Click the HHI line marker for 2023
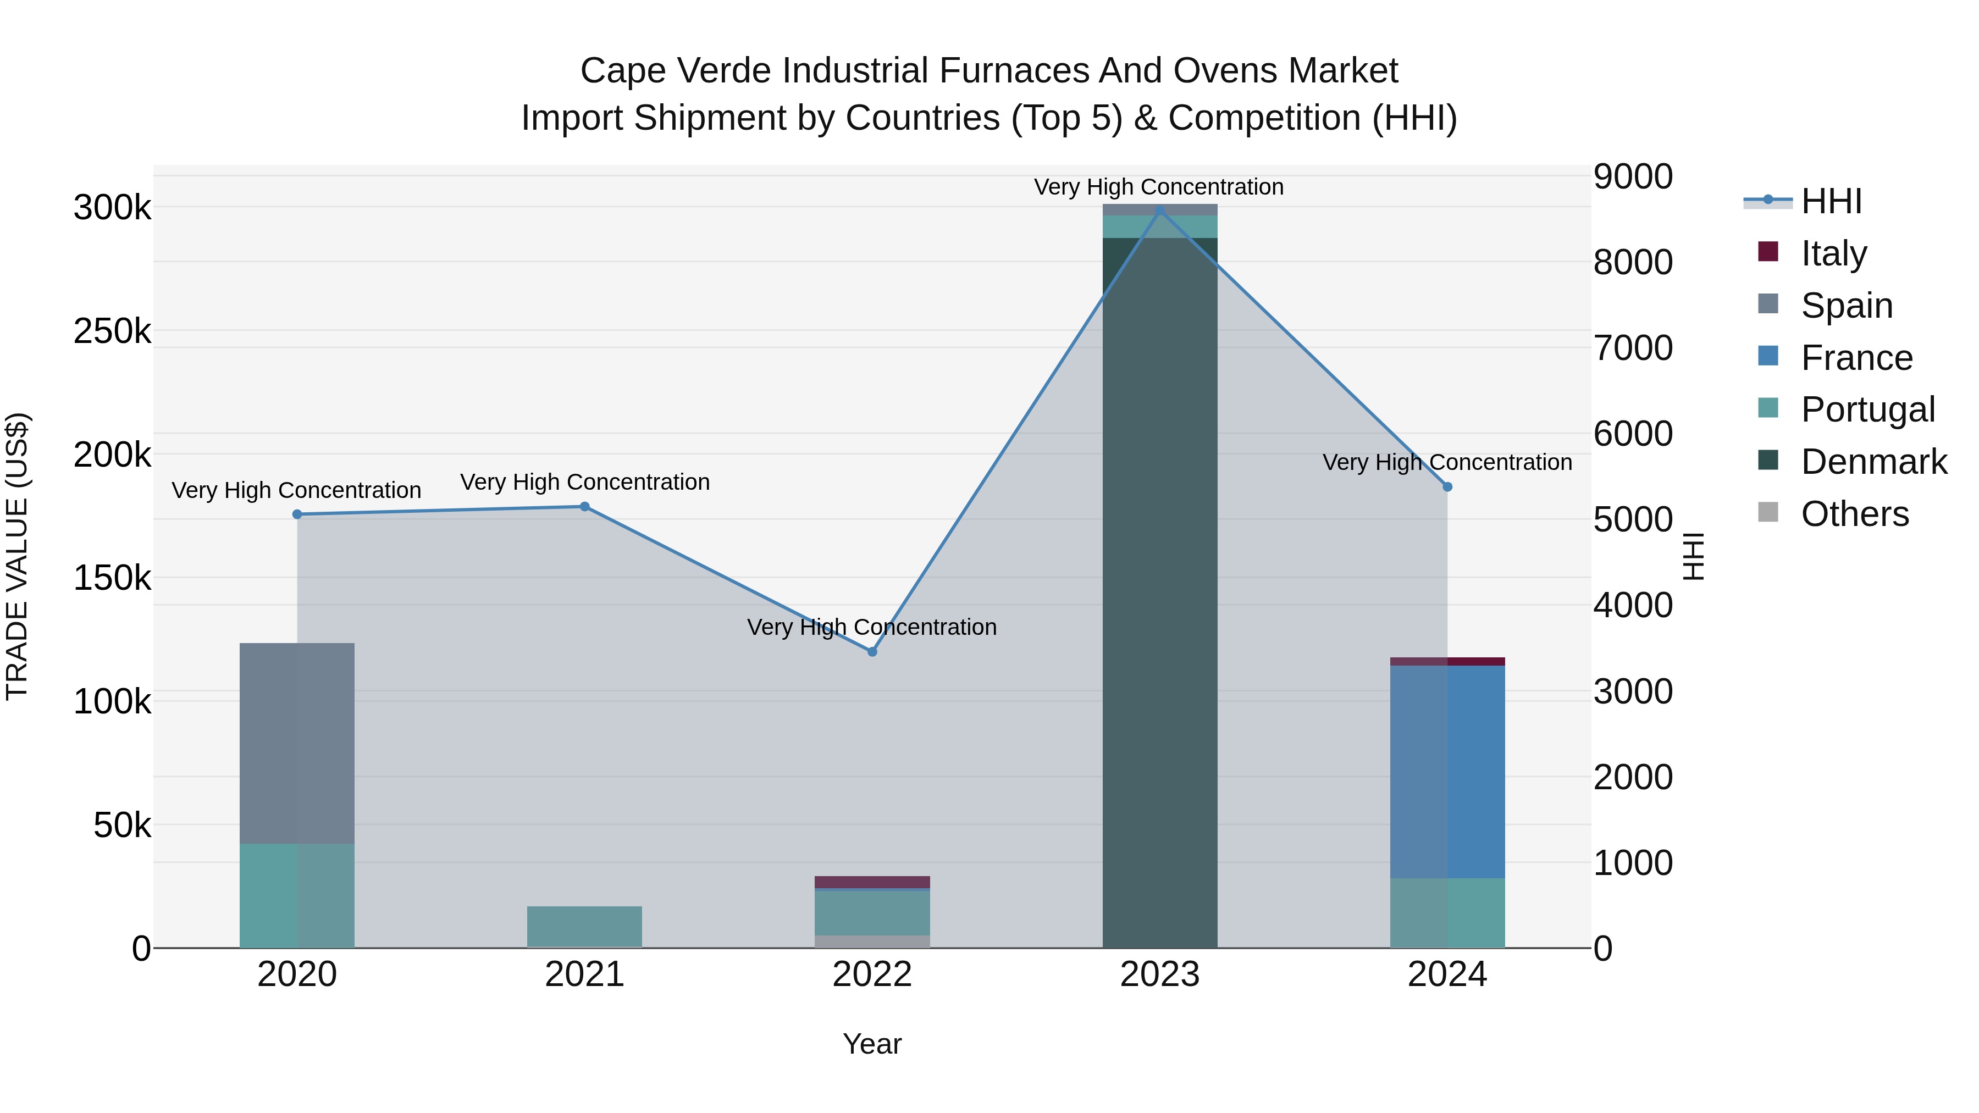pyautogui.click(x=1159, y=211)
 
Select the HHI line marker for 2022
pyautogui.click(x=872, y=651)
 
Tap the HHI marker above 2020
pyautogui.click(x=297, y=514)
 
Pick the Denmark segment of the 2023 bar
pyautogui.click(x=1159, y=591)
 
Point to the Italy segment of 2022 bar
pyautogui.click(x=872, y=882)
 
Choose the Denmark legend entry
pyautogui.click(x=1873, y=462)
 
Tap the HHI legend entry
pyautogui.click(x=1831, y=201)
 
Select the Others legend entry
pyautogui.click(x=1854, y=514)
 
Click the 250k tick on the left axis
pyautogui.click(x=112, y=332)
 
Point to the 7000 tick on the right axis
pyautogui.click(x=1633, y=348)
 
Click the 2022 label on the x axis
pyautogui.click(x=872, y=974)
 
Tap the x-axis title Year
pyautogui.click(x=872, y=1044)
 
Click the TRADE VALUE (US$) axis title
pyautogui.click(x=17, y=556)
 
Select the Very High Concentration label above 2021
pyautogui.click(x=585, y=483)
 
